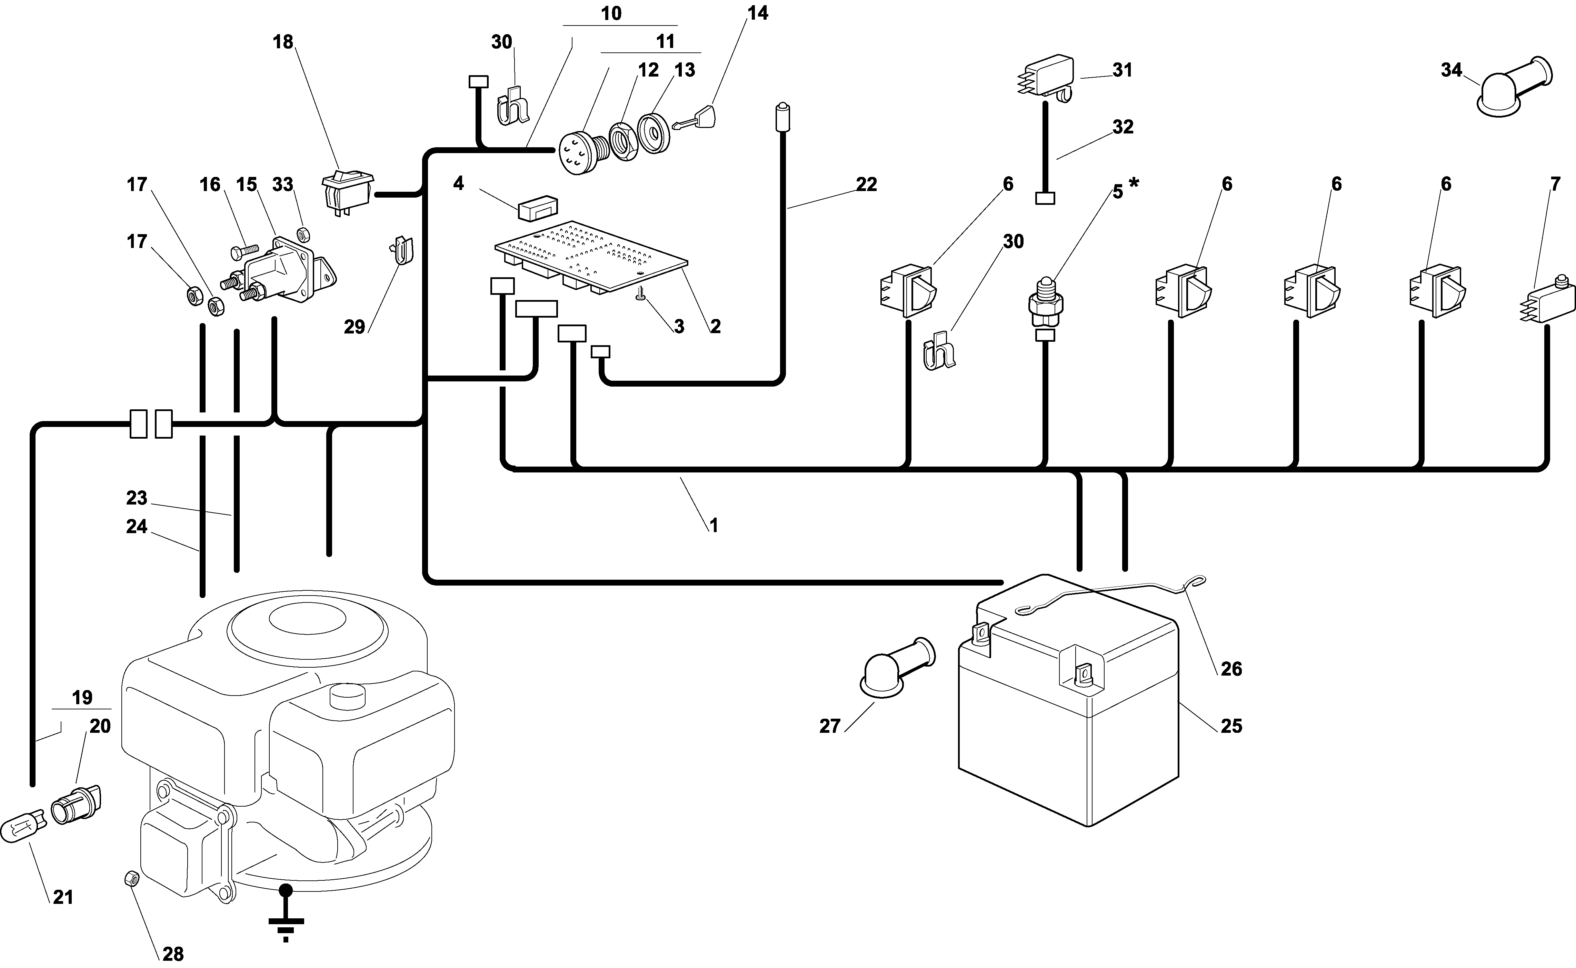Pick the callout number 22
[x=866, y=184]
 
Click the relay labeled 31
[x=1045, y=79]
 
